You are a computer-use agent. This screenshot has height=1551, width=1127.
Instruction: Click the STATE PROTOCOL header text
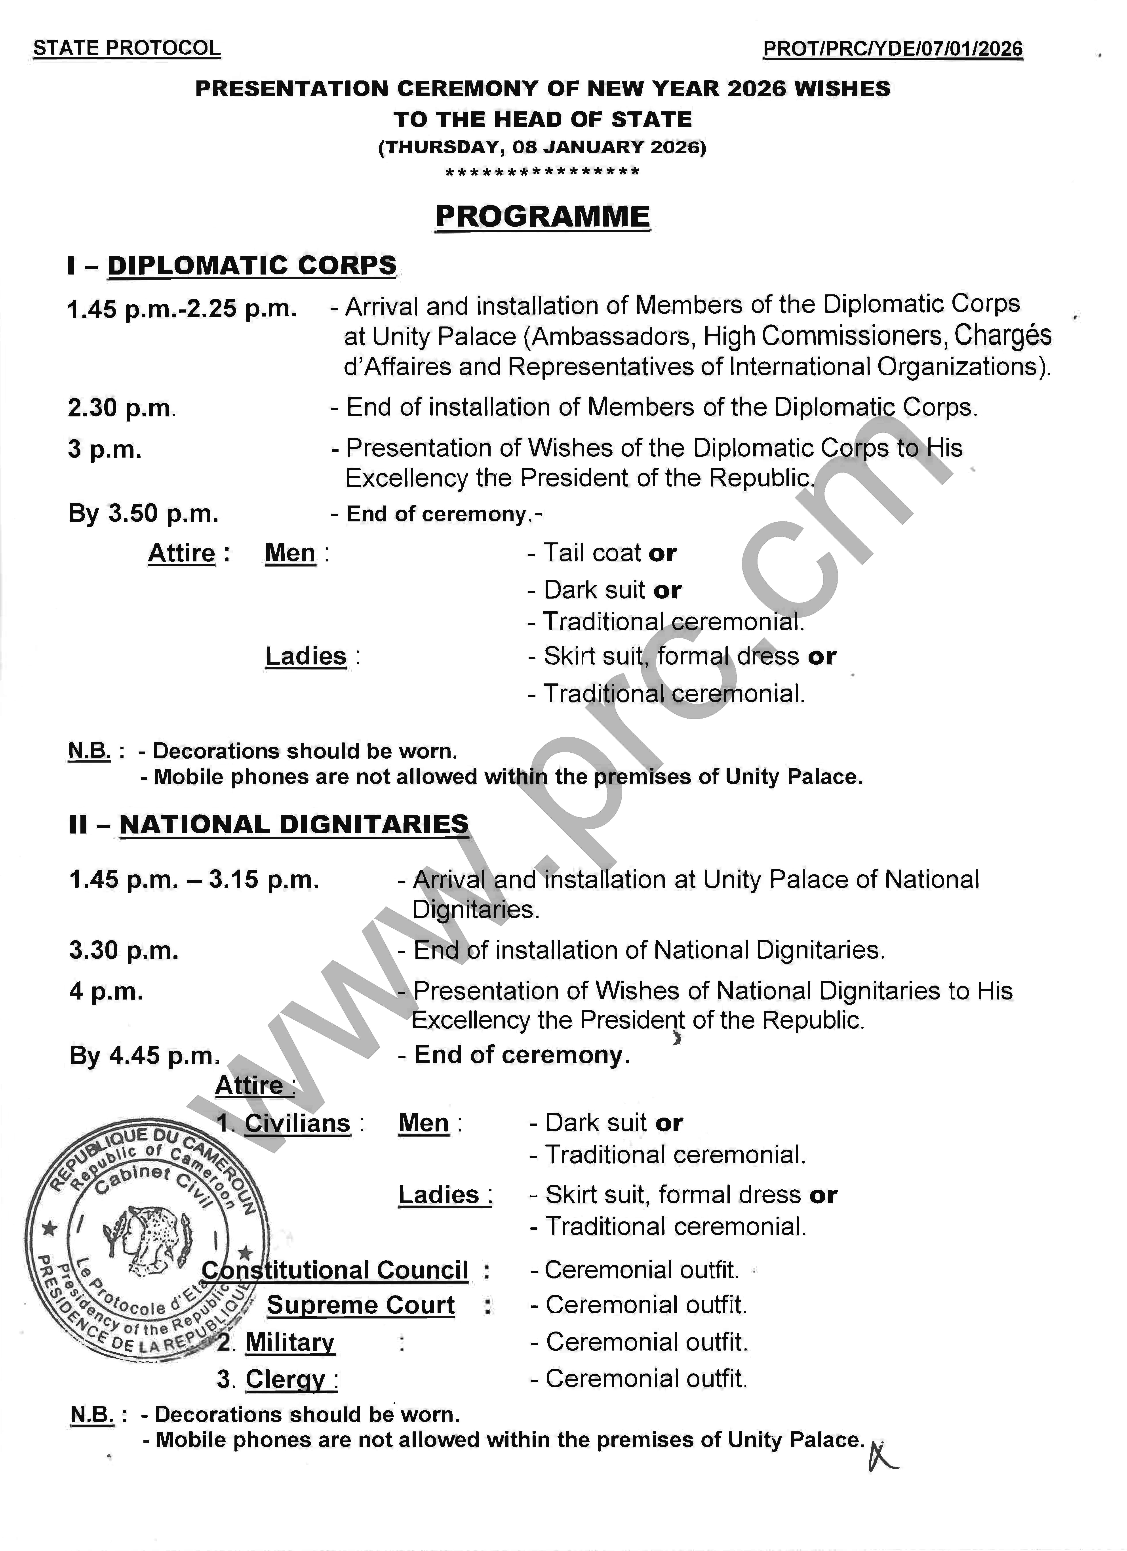tap(127, 49)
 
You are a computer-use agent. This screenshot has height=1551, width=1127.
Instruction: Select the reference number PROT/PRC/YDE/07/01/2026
tap(893, 49)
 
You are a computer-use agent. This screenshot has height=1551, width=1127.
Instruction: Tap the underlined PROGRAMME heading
tap(542, 217)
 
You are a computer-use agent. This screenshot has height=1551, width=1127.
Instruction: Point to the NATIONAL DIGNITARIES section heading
tap(294, 825)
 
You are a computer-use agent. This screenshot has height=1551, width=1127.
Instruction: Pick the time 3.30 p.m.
tap(124, 951)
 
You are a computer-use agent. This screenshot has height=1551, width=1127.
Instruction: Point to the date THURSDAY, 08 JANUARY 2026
tap(542, 147)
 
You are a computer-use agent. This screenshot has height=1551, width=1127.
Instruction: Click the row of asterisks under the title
tap(542, 172)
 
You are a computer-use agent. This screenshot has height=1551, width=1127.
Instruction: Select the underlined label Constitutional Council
tap(335, 1270)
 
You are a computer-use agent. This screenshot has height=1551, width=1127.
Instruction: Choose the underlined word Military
tap(290, 1342)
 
